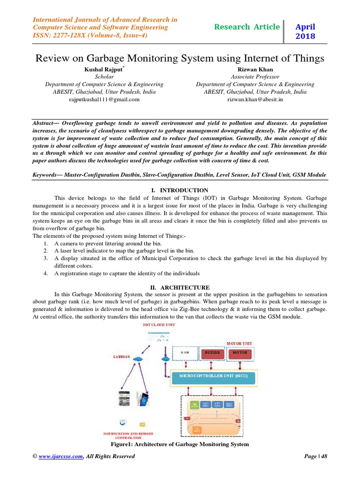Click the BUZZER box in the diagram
pyautogui.click(x=211, y=352)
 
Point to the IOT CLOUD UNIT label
pyautogui.click(x=156, y=324)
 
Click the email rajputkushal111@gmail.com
pyautogui.click(x=104, y=99)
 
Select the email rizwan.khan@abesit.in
pyautogui.click(x=255, y=99)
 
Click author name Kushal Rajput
pyautogui.click(x=104, y=69)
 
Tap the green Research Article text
pyautogui.click(x=247, y=27)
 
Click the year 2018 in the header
pyautogui.click(x=305, y=37)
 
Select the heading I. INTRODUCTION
pyautogui.click(x=180, y=190)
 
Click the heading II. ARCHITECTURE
pyautogui.click(x=180, y=287)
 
